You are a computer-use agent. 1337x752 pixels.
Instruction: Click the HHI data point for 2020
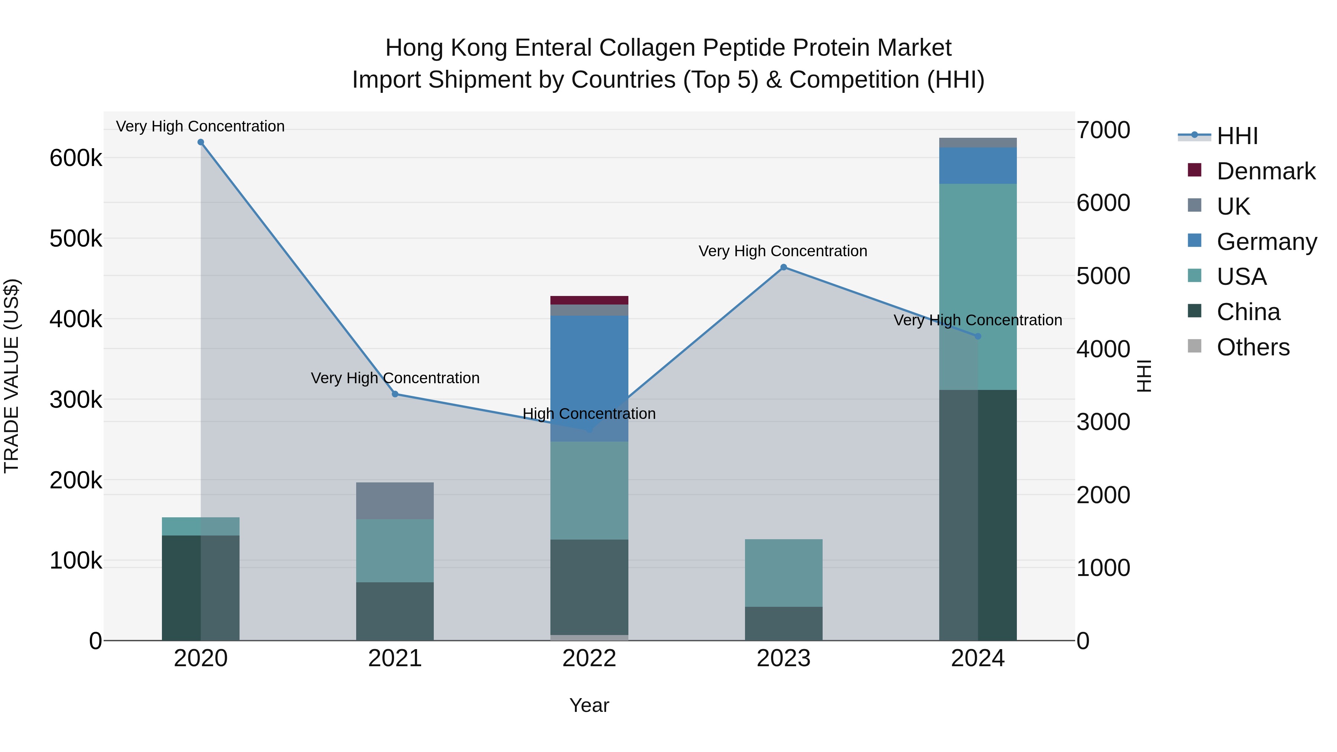click(201, 142)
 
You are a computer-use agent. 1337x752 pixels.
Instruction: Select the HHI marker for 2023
click(784, 267)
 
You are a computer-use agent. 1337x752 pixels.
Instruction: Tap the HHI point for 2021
click(395, 394)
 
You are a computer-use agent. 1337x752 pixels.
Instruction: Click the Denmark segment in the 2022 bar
click(589, 300)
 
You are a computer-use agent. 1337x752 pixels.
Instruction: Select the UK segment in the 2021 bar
click(395, 501)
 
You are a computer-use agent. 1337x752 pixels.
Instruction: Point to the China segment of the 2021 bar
click(395, 611)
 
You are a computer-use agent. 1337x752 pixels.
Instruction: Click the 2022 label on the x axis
click(589, 658)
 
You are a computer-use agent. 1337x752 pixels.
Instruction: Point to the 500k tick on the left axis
click(76, 239)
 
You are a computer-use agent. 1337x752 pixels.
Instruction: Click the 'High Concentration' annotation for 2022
click(589, 414)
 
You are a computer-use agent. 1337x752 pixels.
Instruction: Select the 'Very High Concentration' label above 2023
click(783, 251)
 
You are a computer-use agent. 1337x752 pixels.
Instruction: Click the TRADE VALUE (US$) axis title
click(12, 376)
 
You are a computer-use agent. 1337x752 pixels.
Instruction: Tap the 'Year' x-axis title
click(589, 705)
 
